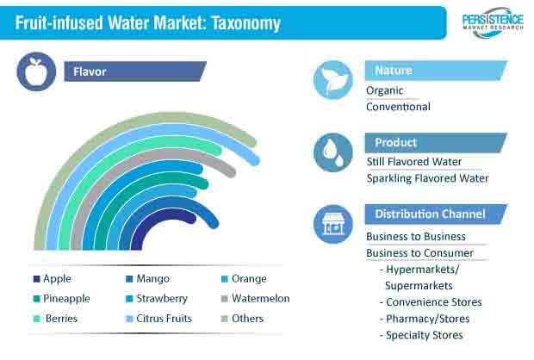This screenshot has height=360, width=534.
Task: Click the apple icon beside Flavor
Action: pos(36,71)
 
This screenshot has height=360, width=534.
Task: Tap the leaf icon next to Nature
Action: pos(333,80)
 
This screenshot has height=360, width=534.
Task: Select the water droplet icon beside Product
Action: pos(333,152)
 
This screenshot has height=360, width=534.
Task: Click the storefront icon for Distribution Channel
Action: pos(333,224)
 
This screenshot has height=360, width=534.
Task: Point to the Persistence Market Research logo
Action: pos(493,22)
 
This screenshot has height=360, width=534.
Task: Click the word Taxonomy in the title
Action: pos(245,23)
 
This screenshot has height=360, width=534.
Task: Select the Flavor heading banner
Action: pos(135,71)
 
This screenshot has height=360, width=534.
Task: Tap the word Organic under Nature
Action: pos(384,90)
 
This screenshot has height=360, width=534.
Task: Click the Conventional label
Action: pos(398,107)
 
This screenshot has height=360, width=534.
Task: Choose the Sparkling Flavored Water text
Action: pos(427,178)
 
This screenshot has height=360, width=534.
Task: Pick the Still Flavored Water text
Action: pos(414,161)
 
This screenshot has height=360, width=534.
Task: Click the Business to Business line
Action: pos(416,236)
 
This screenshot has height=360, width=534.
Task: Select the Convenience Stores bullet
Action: pos(431,302)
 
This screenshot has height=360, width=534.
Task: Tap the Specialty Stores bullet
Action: pos(421,335)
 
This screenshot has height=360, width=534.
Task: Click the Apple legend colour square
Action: pos(36,279)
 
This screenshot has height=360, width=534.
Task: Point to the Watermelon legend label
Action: pos(260,298)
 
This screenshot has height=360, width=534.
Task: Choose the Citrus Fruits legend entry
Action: pos(158,319)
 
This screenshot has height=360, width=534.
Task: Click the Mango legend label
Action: pos(153,278)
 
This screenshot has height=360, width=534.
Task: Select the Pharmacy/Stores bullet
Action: pos(425,319)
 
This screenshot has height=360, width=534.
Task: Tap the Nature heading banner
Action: pos(436,71)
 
